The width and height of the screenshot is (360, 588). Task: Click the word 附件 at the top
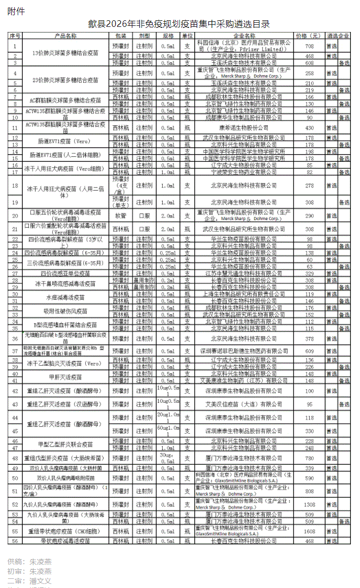pyautogui.click(x=16, y=12)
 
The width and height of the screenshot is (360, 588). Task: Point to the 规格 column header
pyautogui.click(x=168, y=37)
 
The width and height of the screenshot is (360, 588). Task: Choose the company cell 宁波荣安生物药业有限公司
pyautogui.click(x=243, y=172)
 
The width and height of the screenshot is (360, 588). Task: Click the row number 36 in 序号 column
pyautogui.click(x=15, y=338)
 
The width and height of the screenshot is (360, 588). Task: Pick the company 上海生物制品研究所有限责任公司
pyautogui.click(x=243, y=294)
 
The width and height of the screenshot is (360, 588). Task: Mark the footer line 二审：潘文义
pyautogui.click(x=29, y=580)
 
